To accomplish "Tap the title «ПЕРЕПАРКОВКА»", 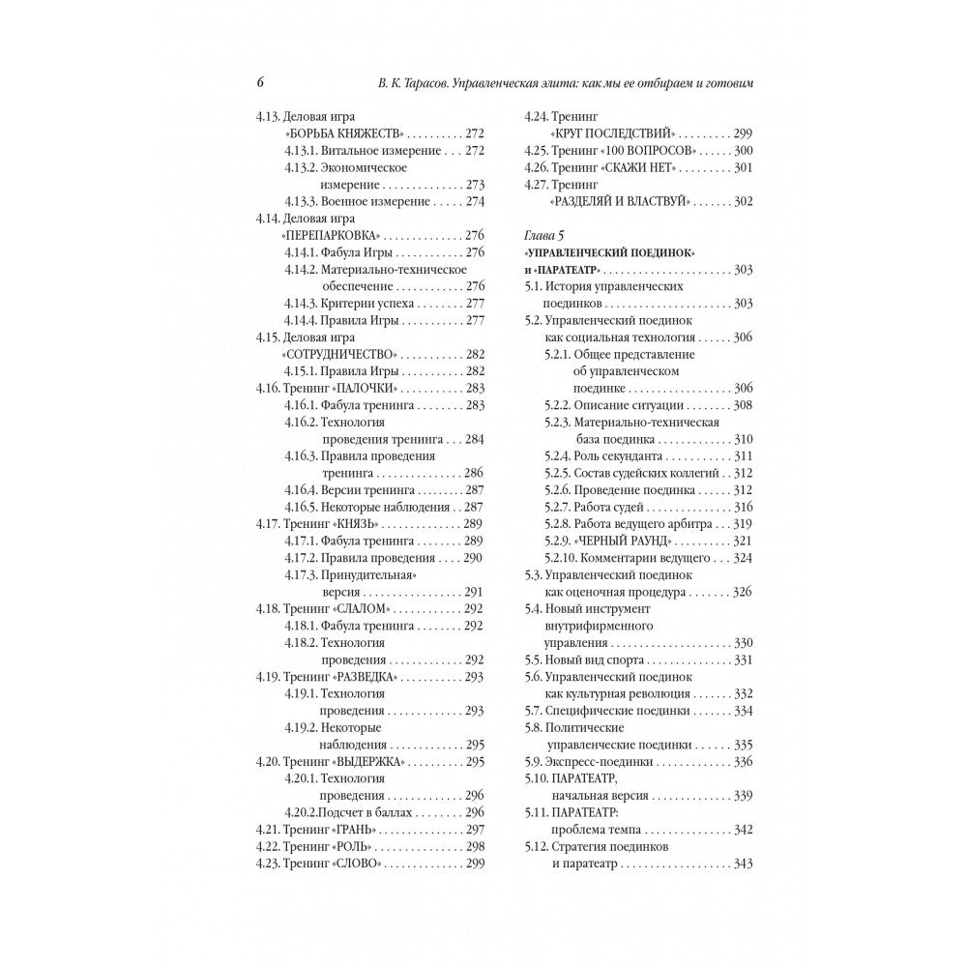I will (332, 235).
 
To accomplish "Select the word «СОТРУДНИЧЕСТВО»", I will (337, 354).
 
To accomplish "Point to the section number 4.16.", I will (267, 387).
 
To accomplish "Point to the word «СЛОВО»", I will (359, 864).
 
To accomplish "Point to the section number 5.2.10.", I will (563, 557).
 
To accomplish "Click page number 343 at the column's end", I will (743, 864).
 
